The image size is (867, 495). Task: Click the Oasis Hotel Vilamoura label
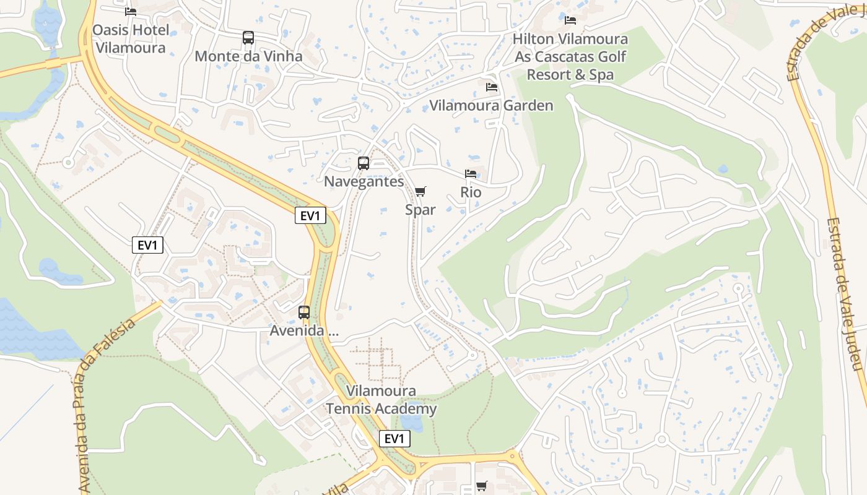tap(130, 39)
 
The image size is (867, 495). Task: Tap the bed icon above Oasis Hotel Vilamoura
tap(130, 11)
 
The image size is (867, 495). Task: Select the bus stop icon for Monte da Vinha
tap(248, 38)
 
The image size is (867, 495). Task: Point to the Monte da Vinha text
tap(248, 56)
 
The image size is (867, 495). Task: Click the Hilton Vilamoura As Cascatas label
tap(570, 57)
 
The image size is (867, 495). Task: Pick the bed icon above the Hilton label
tap(570, 20)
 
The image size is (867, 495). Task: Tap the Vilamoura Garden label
tap(491, 105)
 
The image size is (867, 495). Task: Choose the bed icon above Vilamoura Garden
tap(492, 87)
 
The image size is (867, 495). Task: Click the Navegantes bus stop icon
tap(364, 163)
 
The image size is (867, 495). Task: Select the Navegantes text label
tap(364, 181)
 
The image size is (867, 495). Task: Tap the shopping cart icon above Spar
tap(420, 192)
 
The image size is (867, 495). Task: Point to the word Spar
tap(420, 210)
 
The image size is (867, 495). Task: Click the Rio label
tap(471, 192)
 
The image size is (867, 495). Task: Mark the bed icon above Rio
tap(471, 174)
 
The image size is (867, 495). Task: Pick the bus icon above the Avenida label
tap(304, 312)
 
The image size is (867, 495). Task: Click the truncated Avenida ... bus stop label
tap(304, 330)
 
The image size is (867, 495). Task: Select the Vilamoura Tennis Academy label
tap(381, 400)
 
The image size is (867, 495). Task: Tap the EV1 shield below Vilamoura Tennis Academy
tap(394, 439)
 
